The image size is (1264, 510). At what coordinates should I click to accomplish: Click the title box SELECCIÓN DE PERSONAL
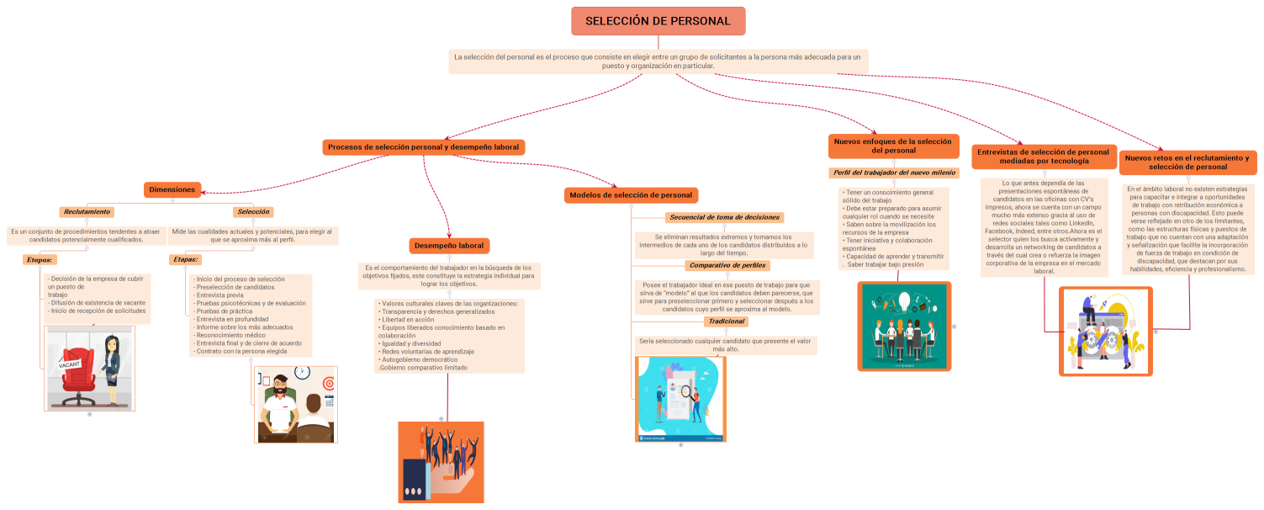point(658,21)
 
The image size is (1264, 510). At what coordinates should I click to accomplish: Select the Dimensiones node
point(172,190)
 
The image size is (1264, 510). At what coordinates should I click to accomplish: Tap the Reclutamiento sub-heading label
point(87,212)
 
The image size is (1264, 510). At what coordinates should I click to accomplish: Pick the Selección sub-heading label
point(253,212)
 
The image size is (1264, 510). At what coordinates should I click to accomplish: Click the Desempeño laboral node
point(448,246)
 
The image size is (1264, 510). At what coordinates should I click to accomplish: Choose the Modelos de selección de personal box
point(631,195)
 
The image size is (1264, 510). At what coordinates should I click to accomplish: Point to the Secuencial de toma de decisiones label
point(725,217)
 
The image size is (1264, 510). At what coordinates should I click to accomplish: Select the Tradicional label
point(726,321)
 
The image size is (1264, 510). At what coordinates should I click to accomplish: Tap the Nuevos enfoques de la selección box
point(893,146)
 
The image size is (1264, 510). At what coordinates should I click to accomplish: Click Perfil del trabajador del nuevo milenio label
point(893,173)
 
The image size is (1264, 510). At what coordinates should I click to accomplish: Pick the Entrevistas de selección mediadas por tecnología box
point(1044,157)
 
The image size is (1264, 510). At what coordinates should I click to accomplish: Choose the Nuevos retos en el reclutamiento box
point(1187,162)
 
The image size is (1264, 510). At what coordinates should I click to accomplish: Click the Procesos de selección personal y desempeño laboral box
point(423,147)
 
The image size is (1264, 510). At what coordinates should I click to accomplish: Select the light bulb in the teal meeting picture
point(904,301)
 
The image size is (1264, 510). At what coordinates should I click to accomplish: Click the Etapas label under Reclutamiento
point(40,260)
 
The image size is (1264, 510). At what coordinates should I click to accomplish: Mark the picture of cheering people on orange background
point(441,462)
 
